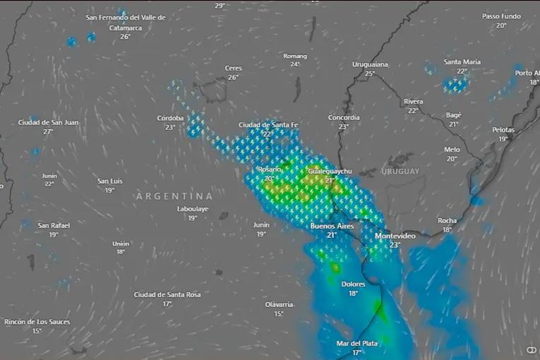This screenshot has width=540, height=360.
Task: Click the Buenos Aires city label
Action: pos(332,226)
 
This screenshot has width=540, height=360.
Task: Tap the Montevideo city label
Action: pos(395,236)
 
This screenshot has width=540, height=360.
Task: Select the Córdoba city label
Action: pos(170,118)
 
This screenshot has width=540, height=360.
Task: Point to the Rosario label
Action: pos(269,169)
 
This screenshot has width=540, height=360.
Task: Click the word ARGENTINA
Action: pos(174,196)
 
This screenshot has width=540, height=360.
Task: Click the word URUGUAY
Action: pos(400,172)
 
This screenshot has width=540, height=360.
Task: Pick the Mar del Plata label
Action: pos(356,343)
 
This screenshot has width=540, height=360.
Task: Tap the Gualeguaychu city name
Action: pos(330,172)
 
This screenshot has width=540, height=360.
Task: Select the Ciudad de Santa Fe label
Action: pos(268,125)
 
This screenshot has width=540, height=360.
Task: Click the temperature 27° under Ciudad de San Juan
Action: pos(48,132)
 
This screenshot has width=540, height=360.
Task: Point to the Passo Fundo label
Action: pos(501,16)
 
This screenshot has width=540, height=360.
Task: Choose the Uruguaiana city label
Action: pos(370,64)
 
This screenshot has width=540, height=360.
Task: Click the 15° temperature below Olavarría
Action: pos(279,314)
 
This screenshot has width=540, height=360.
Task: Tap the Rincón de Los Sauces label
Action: pos(37,321)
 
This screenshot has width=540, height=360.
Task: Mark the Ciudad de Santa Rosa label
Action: pos(167,294)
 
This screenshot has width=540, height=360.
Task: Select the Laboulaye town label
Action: pos(193,209)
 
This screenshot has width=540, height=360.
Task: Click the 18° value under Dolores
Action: pos(353,294)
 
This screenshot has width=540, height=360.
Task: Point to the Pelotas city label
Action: pos(503,130)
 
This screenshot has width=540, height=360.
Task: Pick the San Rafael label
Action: pos(54,225)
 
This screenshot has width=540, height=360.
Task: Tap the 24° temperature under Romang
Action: pos(295,64)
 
